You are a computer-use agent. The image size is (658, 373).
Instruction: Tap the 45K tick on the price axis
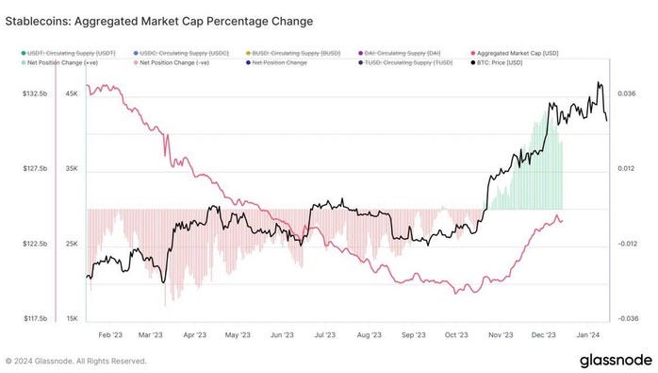(71, 93)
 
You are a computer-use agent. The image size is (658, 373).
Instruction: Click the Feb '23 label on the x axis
(110, 334)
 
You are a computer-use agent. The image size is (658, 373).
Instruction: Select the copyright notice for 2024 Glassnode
(76, 361)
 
